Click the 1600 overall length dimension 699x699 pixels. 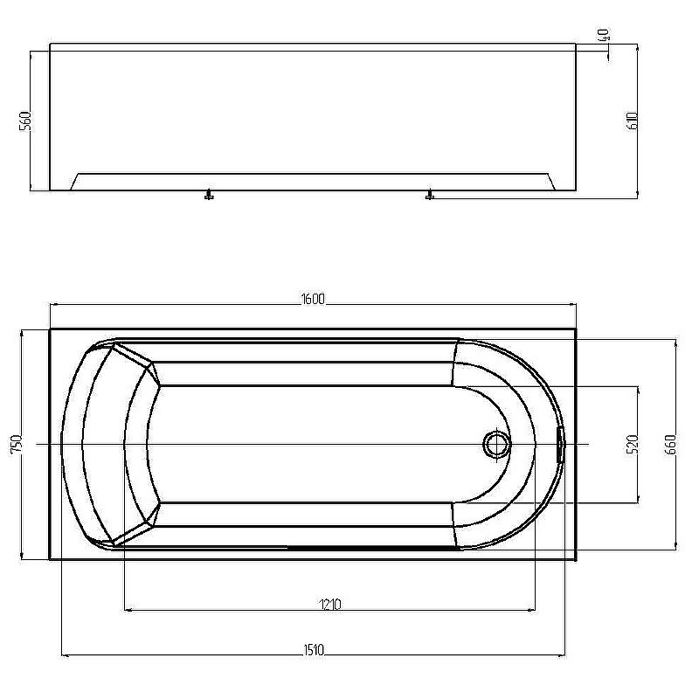[313, 299]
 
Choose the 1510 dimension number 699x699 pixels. [314, 649]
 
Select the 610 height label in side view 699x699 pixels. [632, 120]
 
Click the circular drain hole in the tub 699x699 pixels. [497, 445]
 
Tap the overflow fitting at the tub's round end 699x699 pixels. [560, 444]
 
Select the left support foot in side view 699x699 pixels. [208, 196]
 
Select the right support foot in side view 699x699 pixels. [429, 196]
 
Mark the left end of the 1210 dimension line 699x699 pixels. [126, 609]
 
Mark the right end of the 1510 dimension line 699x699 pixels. [564, 654]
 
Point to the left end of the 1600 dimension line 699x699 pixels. [51, 305]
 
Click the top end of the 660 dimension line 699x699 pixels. [674, 340]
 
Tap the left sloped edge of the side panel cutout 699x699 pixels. [75, 181]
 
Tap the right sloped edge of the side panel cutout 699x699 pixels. [553, 181]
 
